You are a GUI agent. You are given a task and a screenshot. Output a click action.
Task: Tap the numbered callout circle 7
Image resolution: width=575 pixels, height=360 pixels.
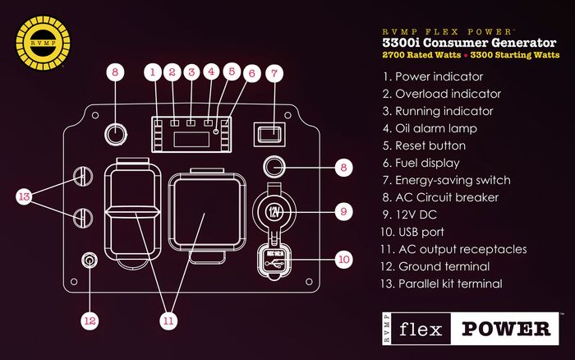(275, 72)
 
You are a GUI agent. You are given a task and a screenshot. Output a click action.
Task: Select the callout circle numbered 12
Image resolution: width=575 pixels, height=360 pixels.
(88, 318)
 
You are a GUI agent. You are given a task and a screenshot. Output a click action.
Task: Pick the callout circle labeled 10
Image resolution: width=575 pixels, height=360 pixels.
(343, 259)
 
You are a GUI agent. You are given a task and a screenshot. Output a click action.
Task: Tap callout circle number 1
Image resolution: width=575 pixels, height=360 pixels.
(152, 72)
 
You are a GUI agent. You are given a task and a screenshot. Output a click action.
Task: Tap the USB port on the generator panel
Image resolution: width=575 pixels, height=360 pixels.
(274, 256)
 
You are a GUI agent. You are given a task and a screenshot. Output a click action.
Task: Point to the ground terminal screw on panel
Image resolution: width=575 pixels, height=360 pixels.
(88, 261)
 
